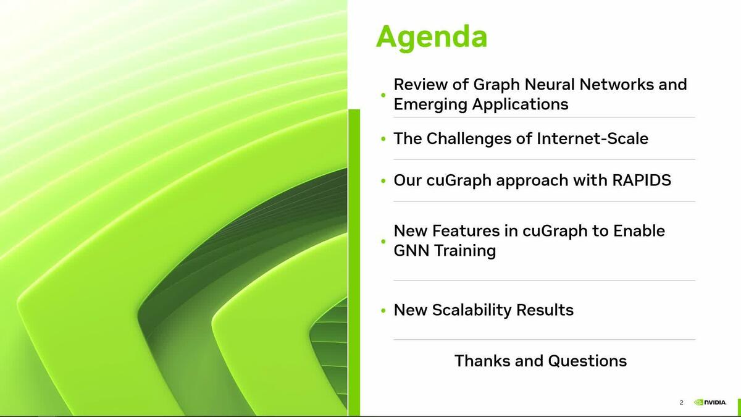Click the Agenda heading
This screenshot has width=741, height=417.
431,36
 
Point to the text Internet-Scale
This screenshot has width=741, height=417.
592,138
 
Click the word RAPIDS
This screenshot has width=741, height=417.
642,180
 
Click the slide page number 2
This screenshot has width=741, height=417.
681,403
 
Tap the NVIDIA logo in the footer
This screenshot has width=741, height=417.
710,402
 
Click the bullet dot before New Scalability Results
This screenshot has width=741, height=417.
383,311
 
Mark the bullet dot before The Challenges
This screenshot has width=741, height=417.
383,139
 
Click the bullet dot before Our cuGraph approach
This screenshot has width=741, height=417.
383,181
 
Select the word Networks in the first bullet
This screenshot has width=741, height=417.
609,84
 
